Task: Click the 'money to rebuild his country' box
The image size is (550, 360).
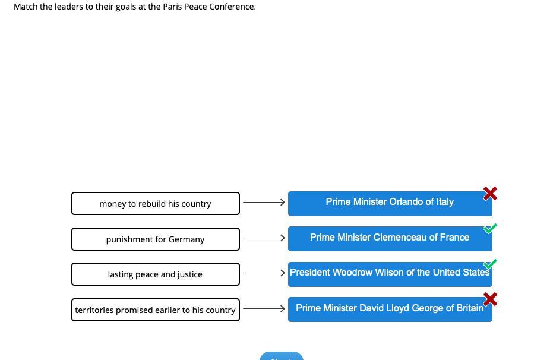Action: [156, 204]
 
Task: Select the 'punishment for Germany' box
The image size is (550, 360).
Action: [156, 239]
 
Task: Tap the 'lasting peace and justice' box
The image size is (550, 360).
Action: [156, 274]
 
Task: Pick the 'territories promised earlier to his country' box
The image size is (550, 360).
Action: [156, 310]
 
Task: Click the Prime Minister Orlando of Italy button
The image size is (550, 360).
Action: [390, 204]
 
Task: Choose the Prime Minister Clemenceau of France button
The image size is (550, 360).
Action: [390, 239]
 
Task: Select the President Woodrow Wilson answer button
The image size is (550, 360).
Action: [390, 274]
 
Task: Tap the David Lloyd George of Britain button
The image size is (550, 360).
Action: [390, 310]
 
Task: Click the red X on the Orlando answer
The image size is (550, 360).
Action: [490, 193]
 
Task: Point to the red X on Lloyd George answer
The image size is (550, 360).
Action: [490, 299]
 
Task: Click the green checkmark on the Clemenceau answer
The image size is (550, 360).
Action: [489, 229]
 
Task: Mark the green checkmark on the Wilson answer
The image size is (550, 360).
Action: [489, 264]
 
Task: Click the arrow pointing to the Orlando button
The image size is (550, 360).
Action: [264, 202]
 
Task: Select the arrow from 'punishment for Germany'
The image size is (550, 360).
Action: [264, 238]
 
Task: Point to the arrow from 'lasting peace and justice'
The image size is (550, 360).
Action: [264, 273]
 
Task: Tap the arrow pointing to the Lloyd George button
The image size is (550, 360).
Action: [264, 308]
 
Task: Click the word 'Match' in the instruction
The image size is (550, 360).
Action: [26, 7]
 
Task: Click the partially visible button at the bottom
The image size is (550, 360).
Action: [282, 356]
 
